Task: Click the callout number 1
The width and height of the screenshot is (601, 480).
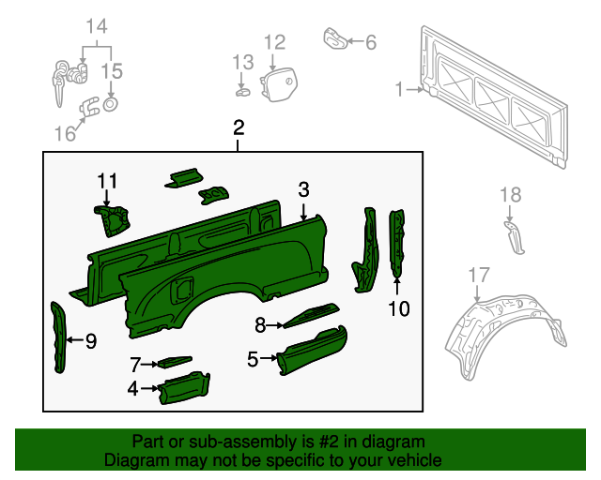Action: click(x=399, y=89)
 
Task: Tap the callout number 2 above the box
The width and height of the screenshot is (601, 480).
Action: click(x=239, y=127)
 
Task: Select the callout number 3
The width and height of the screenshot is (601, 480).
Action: click(x=303, y=189)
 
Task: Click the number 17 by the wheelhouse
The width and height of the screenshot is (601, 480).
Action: click(x=478, y=275)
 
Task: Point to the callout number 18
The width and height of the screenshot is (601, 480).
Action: click(x=509, y=195)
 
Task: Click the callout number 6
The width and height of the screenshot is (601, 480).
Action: click(x=370, y=42)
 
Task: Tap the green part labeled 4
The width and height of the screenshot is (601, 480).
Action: click(x=185, y=387)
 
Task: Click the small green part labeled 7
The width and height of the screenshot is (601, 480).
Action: click(x=173, y=361)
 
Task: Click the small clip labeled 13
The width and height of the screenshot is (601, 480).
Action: click(x=242, y=91)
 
